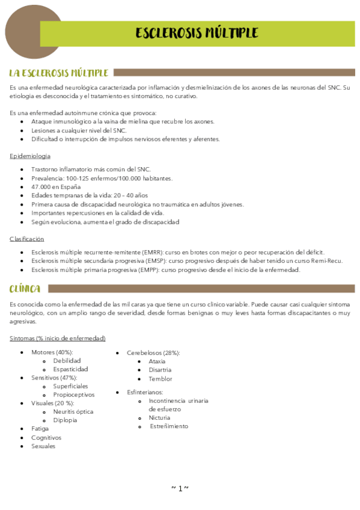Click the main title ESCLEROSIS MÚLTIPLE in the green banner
tap(197, 32)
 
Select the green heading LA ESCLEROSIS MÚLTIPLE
tap(58, 73)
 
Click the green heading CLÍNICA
tap(25, 289)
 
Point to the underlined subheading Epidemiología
tap(30, 156)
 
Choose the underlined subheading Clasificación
tap(27, 239)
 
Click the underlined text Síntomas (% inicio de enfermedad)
tap(58, 338)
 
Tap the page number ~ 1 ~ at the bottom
tap(180, 488)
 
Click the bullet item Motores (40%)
tap(52, 352)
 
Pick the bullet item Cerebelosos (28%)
tap(153, 352)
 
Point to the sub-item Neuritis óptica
tap(73, 411)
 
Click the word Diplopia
tap(65, 420)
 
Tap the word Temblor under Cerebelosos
tap(160, 379)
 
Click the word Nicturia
tap(159, 417)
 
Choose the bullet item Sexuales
tap(43, 446)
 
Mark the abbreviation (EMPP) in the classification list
tap(149, 269)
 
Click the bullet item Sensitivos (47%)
tap(54, 377)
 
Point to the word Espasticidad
tap(70, 369)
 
